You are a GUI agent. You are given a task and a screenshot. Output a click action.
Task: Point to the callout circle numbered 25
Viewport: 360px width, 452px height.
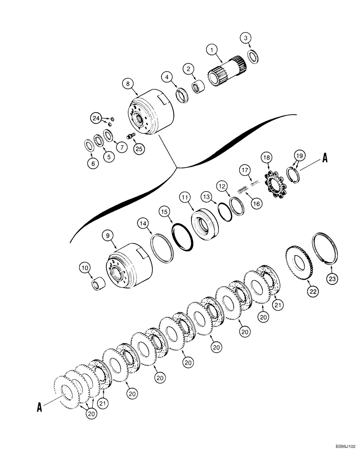pos(139,147)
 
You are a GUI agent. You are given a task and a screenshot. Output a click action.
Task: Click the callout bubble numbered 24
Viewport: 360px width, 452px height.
pos(96,118)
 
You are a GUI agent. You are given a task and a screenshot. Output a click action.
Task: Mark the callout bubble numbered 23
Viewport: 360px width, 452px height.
pos(332,280)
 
